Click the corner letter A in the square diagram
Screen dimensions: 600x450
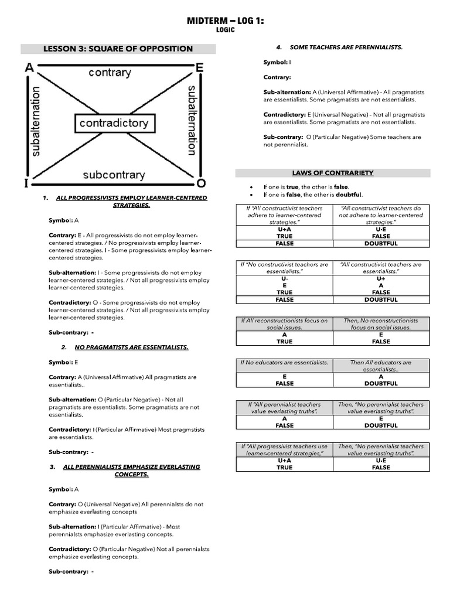click(28, 68)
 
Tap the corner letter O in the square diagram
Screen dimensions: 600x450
click(201, 182)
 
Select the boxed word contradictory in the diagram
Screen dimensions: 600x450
click(114, 124)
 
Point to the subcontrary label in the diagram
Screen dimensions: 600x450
click(114, 175)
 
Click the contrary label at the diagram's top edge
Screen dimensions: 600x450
click(110, 73)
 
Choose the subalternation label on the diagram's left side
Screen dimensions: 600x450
click(37, 122)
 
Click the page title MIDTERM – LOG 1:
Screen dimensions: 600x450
click(225, 21)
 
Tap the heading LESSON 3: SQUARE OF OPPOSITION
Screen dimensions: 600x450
click(118, 49)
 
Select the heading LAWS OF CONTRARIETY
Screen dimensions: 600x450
click(333, 173)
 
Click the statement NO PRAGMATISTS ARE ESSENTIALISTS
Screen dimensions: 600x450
click(131, 347)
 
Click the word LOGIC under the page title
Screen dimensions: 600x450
click(225, 30)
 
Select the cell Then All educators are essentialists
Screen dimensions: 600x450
click(381, 366)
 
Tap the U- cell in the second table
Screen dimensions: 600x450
click(284, 278)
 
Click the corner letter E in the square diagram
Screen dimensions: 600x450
click(200, 68)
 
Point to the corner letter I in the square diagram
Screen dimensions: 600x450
click(26, 183)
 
